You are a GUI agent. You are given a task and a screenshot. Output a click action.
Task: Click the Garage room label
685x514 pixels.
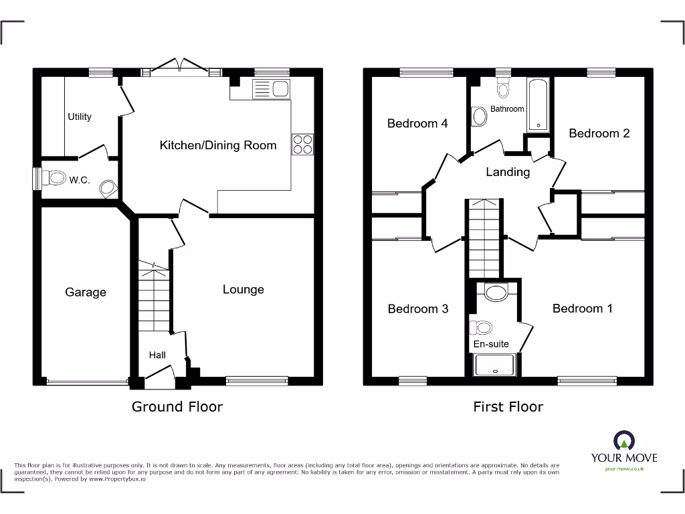pyautogui.click(x=86, y=292)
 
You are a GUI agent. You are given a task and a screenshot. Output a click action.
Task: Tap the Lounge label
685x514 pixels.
pyautogui.click(x=243, y=289)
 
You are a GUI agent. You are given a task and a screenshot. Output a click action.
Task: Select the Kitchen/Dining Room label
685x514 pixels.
pyautogui.click(x=218, y=145)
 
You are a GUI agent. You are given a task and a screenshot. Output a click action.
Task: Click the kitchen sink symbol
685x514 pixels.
pyautogui.click(x=270, y=89)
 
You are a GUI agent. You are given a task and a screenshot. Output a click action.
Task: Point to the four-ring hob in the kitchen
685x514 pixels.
pyautogui.click(x=302, y=145)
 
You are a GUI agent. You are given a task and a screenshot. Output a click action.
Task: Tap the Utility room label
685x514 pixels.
pyautogui.click(x=80, y=116)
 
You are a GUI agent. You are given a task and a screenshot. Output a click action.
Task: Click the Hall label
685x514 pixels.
pyautogui.click(x=157, y=355)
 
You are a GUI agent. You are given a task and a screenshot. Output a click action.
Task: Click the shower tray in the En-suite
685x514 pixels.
pyautogui.click(x=495, y=365)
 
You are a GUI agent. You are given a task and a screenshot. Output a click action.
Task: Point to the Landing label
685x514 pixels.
pyautogui.click(x=508, y=172)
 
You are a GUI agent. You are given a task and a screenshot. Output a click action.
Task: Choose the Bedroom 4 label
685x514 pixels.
pyautogui.click(x=417, y=123)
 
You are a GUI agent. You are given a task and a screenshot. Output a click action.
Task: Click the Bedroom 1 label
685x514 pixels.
pyautogui.click(x=583, y=309)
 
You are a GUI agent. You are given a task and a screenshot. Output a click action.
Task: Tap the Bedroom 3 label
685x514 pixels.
pyautogui.click(x=418, y=309)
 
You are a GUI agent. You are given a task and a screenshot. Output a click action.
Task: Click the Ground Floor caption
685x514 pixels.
pyautogui.click(x=177, y=406)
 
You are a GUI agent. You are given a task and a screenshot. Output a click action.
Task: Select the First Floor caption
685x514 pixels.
pyautogui.click(x=508, y=406)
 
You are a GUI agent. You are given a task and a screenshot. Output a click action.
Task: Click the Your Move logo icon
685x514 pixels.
pyautogui.click(x=623, y=440)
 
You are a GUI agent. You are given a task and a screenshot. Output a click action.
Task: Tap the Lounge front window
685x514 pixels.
pyautogui.click(x=248, y=381)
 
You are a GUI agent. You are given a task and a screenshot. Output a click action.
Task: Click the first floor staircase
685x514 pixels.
pyautogui.click(x=483, y=238)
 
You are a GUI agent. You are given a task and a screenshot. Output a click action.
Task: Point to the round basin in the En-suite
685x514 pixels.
pyautogui.click(x=496, y=292)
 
